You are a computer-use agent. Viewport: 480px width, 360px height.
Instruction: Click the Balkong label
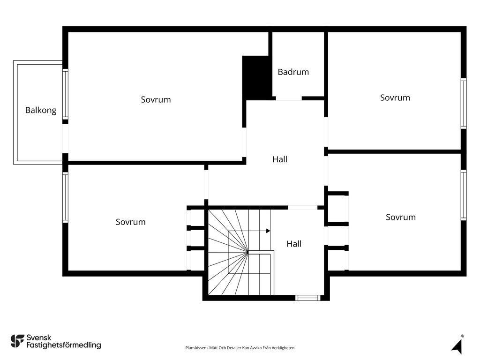[41, 110]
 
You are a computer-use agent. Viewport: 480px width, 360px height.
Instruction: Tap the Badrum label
[293, 72]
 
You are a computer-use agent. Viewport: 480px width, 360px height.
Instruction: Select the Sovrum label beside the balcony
[156, 99]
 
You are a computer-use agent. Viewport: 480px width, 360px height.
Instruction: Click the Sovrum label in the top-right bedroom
[395, 97]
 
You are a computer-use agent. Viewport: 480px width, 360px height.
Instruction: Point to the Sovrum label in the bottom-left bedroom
[131, 222]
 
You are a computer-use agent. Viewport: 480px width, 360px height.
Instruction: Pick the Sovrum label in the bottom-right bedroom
[401, 217]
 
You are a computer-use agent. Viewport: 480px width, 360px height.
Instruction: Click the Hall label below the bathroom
[280, 159]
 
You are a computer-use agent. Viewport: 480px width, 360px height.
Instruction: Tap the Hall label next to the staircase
[294, 244]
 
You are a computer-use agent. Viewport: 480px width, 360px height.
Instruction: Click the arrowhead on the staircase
[268, 231]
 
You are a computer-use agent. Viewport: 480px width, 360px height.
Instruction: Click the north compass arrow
[457, 347]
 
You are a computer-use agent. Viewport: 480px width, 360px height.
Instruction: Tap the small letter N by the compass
[462, 336]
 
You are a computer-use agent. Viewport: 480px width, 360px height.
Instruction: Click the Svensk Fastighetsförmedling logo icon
[17, 341]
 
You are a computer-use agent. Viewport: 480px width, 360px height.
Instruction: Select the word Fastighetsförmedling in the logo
[64, 345]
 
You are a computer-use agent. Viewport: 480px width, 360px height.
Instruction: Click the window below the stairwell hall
[307, 298]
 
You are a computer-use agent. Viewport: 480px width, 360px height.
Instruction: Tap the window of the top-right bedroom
[464, 104]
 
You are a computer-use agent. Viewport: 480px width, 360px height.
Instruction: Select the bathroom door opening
[289, 98]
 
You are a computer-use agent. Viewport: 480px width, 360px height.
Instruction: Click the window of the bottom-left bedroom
[65, 197]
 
